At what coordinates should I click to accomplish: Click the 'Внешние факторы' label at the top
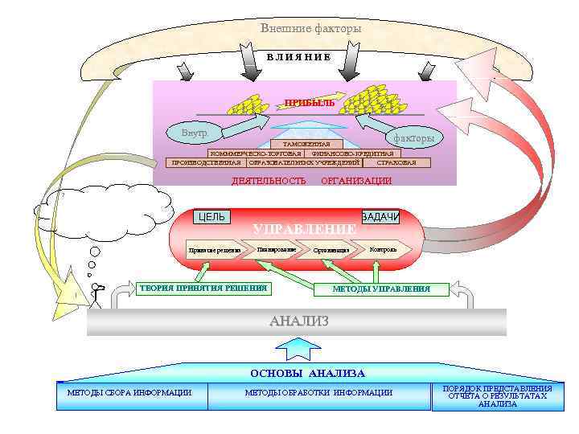coord(310,29)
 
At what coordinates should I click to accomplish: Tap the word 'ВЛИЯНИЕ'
coord(298,57)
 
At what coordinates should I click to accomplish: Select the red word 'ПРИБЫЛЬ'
coord(310,103)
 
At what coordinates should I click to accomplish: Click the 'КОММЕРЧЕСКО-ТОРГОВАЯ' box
coord(256,153)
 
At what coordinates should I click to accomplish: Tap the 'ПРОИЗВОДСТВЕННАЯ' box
coord(204,162)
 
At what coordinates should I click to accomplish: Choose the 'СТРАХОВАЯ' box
coord(396,162)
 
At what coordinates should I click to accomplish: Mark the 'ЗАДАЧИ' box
coord(380,217)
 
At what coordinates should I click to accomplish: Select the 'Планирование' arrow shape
coord(277,249)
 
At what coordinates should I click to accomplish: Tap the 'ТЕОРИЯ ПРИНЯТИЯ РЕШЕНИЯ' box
coord(203,288)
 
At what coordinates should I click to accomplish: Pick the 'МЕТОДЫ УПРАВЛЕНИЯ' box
coord(381,289)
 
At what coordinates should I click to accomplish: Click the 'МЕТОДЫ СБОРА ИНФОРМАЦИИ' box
coord(132,392)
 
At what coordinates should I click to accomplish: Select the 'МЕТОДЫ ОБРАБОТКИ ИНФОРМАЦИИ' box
coord(318,392)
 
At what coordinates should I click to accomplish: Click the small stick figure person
coord(97,295)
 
